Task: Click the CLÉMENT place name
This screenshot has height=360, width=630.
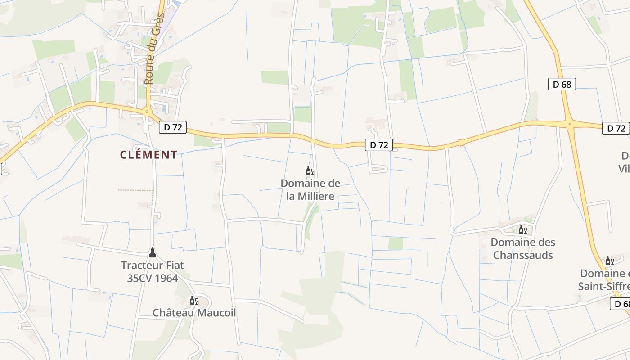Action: (x=148, y=155)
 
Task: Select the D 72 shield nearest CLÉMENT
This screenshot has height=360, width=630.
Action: (x=173, y=127)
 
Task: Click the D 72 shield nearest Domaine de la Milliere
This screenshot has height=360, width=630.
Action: (x=379, y=145)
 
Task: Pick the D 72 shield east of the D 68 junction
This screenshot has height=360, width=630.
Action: (x=616, y=128)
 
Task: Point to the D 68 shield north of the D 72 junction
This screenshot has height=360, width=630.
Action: (x=562, y=84)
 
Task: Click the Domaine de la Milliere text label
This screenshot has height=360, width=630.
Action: (x=310, y=189)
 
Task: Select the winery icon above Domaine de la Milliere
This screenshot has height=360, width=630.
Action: (x=310, y=171)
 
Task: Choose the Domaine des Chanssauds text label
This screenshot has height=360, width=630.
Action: (x=523, y=248)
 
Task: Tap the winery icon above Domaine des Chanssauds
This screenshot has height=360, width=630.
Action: (x=522, y=230)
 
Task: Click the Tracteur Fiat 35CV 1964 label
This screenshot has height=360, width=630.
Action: (x=153, y=271)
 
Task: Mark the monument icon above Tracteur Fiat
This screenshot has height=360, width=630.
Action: (x=152, y=252)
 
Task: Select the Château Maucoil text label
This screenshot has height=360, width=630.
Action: (x=194, y=313)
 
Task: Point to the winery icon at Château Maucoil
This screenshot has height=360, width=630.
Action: (x=193, y=300)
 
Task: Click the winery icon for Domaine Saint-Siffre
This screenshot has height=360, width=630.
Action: (x=609, y=261)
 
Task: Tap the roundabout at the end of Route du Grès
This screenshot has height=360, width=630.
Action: (x=147, y=112)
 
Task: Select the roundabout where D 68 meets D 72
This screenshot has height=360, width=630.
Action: (x=569, y=123)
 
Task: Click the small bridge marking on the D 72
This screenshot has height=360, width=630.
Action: (x=461, y=143)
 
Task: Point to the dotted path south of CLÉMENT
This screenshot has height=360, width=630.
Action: (x=135, y=190)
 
